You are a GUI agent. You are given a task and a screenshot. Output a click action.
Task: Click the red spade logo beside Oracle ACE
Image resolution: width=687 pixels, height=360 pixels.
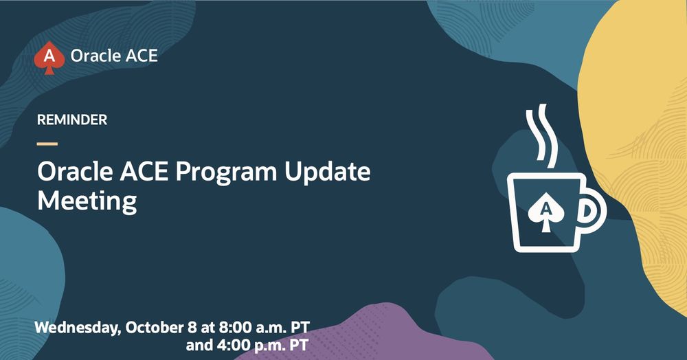tap(49, 58)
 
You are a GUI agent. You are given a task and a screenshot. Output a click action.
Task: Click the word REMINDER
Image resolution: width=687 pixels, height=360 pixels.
tap(72, 120)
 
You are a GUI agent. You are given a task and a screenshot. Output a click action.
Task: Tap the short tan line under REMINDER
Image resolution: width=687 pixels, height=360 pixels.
tap(47, 144)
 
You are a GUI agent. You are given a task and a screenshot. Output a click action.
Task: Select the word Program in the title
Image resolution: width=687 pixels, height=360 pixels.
tap(227, 173)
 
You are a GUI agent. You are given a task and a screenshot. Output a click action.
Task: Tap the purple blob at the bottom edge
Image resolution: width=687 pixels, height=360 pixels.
tap(363, 335)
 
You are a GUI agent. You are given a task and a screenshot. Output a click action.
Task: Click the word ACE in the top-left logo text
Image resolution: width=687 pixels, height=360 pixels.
tap(142, 56)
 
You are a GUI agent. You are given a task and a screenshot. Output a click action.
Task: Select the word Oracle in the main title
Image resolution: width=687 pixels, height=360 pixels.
tap(75, 172)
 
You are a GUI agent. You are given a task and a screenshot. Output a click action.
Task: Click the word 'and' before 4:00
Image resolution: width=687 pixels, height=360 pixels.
tap(200, 345)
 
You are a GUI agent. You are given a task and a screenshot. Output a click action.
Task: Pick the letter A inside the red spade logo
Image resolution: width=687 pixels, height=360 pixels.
tap(49, 56)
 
